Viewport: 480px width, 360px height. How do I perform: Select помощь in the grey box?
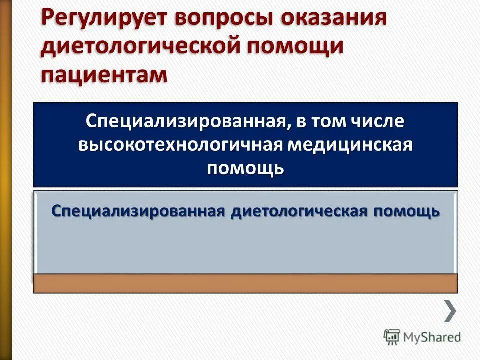coord(405,211)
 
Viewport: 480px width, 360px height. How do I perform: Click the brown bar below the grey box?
coord(245,283)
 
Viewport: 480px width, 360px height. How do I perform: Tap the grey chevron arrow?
coord(450,311)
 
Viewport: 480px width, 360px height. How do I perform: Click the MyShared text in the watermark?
coord(432,337)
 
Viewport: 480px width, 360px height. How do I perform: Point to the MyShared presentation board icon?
coord(392,337)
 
